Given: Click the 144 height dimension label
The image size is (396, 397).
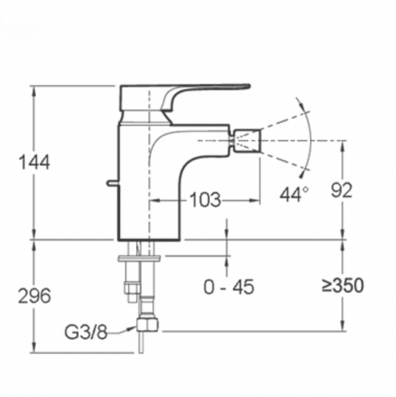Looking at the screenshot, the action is coord(34,163).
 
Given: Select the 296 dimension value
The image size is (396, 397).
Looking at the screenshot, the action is coord(34,295).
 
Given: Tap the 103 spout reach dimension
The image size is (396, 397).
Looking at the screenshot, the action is coord(205,200).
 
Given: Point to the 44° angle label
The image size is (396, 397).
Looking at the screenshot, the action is coord(294,194).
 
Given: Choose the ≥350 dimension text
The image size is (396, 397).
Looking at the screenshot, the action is coord(343,286).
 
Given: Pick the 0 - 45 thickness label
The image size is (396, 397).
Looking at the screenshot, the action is coord(229,287).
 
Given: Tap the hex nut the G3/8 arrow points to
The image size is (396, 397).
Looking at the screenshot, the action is coord(147,324).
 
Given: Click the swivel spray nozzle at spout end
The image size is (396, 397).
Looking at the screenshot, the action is coord(247,140).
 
